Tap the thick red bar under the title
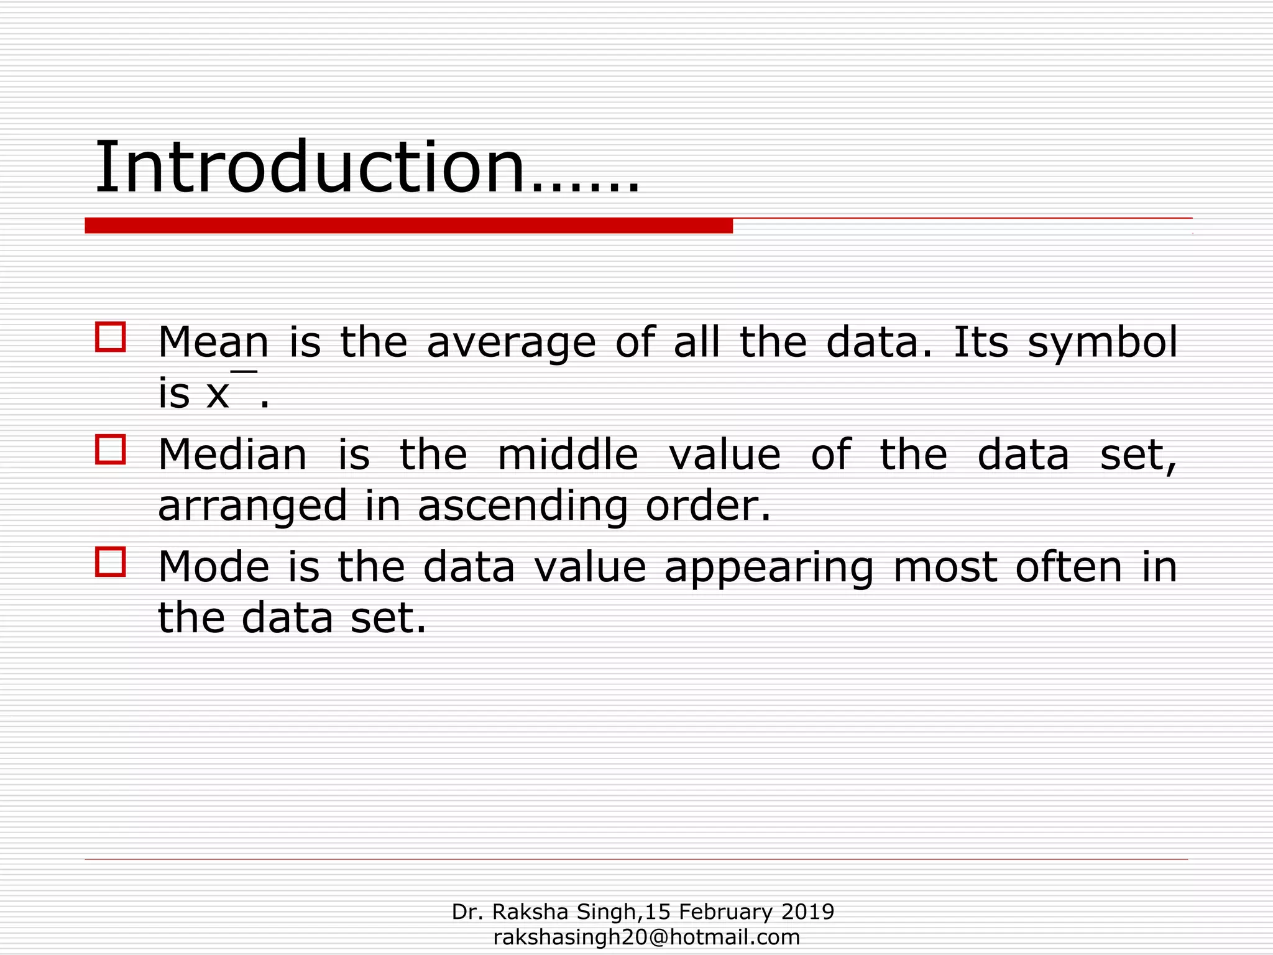[x=408, y=226]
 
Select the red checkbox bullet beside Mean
[x=111, y=337]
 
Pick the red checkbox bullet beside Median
[x=111, y=450]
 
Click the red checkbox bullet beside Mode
[x=111, y=562]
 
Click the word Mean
[x=213, y=342]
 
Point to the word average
[x=511, y=343]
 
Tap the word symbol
[x=1102, y=342]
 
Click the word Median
[x=232, y=454]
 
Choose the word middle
[x=568, y=454]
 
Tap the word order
[x=708, y=505]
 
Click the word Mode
[x=213, y=567]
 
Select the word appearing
[x=769, y=568]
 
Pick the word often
[x=1068, y=567]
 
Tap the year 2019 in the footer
[x=807, y=912]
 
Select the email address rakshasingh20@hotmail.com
[x=646, y=937]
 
